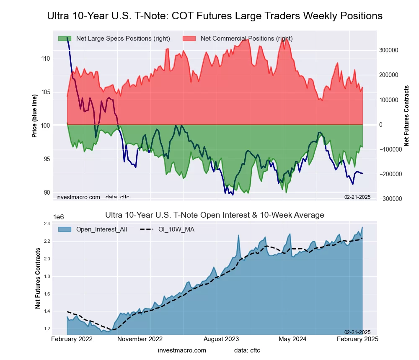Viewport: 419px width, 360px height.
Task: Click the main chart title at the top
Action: point(215,16)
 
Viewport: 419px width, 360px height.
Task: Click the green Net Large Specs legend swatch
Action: point(65,39)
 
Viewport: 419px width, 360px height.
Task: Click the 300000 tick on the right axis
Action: point(388,50)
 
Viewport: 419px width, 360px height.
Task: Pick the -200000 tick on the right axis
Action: point(388,174)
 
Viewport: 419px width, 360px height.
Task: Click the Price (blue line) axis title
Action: point(34,116)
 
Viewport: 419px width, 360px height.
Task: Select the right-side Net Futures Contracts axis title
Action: point(406,116)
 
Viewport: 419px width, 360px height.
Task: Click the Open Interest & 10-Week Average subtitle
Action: point(215,215)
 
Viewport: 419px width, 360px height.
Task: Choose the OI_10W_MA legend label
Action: point(176,229)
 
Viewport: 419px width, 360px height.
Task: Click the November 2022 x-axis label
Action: point(140,339)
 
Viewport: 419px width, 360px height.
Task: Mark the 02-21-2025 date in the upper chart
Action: point(357,197)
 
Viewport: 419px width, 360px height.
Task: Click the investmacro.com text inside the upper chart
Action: point(78,197)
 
